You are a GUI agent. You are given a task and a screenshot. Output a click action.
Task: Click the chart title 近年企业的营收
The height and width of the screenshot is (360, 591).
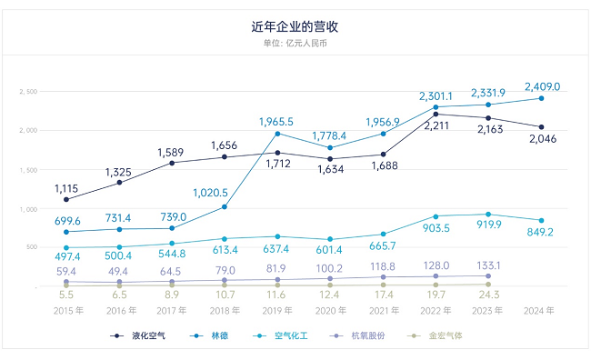coord(295,27)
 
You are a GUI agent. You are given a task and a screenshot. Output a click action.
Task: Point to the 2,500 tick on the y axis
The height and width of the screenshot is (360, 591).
coord(28,91)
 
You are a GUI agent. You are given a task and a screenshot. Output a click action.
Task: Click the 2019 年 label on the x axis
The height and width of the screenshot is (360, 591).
coord(276,310)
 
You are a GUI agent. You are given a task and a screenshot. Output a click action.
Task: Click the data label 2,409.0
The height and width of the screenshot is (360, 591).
coord(542,86)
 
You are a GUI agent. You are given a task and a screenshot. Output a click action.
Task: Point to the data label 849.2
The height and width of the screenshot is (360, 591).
coord(542,232)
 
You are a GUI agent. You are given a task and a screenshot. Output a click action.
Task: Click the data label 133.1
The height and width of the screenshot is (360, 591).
coord(488,265)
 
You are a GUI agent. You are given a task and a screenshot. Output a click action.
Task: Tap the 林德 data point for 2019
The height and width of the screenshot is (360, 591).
coord(277,134)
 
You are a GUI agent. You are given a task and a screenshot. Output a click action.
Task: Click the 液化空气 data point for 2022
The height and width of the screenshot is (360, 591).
coord(436,114)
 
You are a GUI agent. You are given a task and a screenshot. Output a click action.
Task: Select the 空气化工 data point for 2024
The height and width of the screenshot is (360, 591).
coord(542,220)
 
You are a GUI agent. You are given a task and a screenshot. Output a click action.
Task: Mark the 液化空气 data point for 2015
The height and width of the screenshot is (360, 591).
coord(66,199)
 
